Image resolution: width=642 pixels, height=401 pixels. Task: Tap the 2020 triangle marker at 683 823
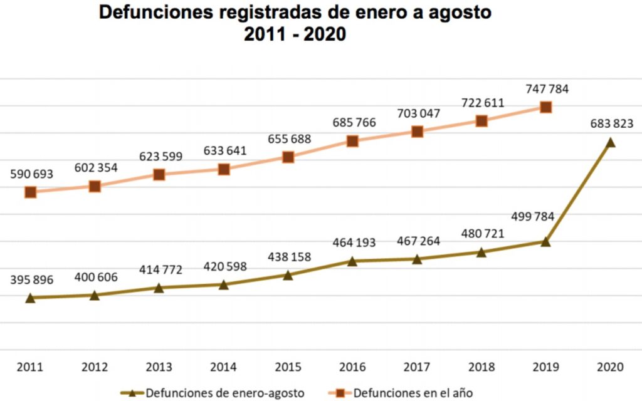[609, 143]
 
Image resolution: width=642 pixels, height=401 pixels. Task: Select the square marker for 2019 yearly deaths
[545, 107]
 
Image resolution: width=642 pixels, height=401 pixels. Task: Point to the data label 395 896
[31, 279]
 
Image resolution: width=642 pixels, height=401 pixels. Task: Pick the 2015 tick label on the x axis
[288, 367]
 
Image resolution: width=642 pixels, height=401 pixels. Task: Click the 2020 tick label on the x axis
[609, 367]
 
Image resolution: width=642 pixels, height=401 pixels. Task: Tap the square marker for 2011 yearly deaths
[31, 192]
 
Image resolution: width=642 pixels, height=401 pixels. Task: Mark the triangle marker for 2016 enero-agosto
[352, 261]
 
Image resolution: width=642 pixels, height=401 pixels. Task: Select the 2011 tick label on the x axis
[31, 367]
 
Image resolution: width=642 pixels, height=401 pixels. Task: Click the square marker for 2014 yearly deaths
[224, 169]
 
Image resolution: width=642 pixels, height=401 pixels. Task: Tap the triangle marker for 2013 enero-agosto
[159, 288]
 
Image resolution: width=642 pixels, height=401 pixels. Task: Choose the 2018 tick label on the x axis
[481, 367]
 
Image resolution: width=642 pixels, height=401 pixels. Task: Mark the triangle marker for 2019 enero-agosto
[545, 242]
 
